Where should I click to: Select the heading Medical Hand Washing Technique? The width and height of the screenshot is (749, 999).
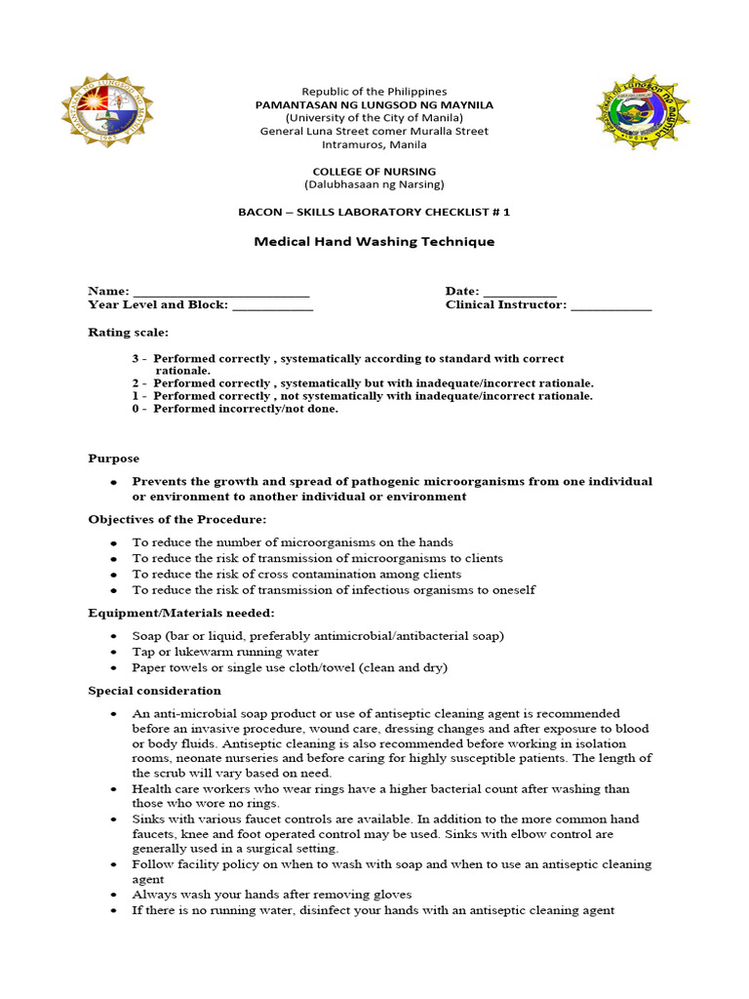(x=374, y=242)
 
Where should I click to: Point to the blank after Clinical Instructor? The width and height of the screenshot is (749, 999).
(x=611, y=306)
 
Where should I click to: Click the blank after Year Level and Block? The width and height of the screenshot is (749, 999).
(x=273, y=306)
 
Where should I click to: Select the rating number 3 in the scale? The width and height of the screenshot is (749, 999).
(x=137, y=359)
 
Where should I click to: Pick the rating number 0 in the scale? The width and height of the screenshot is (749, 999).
(x=137, y=409)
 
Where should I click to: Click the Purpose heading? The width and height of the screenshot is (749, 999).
(x=114, y=459)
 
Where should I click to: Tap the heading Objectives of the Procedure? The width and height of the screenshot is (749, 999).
(x=177, y=519)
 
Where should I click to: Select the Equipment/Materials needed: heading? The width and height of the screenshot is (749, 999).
(x=181, y=613)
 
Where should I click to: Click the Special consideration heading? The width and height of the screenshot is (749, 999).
(x=155, y=691)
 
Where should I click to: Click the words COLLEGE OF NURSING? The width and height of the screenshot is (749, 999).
(x=374, y=172)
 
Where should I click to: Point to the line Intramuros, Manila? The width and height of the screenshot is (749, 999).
(x=374, y=144)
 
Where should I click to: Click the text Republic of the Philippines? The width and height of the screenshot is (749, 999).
(x=374, y=92)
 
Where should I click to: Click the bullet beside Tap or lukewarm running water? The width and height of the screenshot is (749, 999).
(x=114, y=653)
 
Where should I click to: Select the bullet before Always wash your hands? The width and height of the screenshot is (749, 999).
(x=114, y=896)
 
